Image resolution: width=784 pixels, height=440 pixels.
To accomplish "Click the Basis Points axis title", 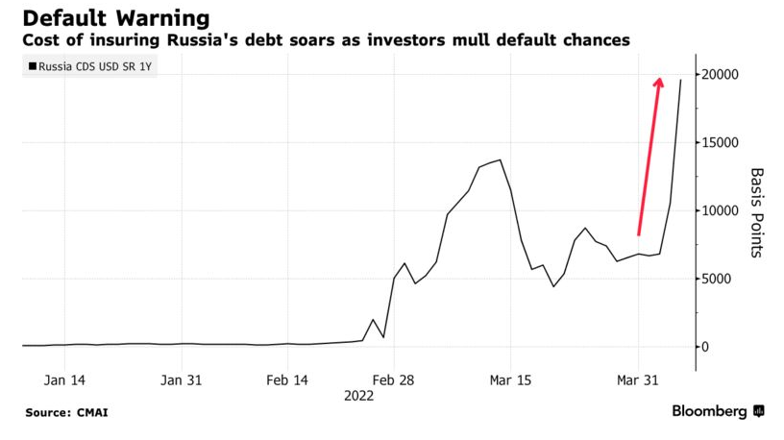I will (x=756, y=212).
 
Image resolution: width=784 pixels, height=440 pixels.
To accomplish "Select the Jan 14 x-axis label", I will (x=64, y=380).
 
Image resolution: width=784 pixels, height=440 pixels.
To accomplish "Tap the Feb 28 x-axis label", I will (x=393, y=380).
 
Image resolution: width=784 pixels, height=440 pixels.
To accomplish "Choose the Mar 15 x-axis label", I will (x=509, y=380).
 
